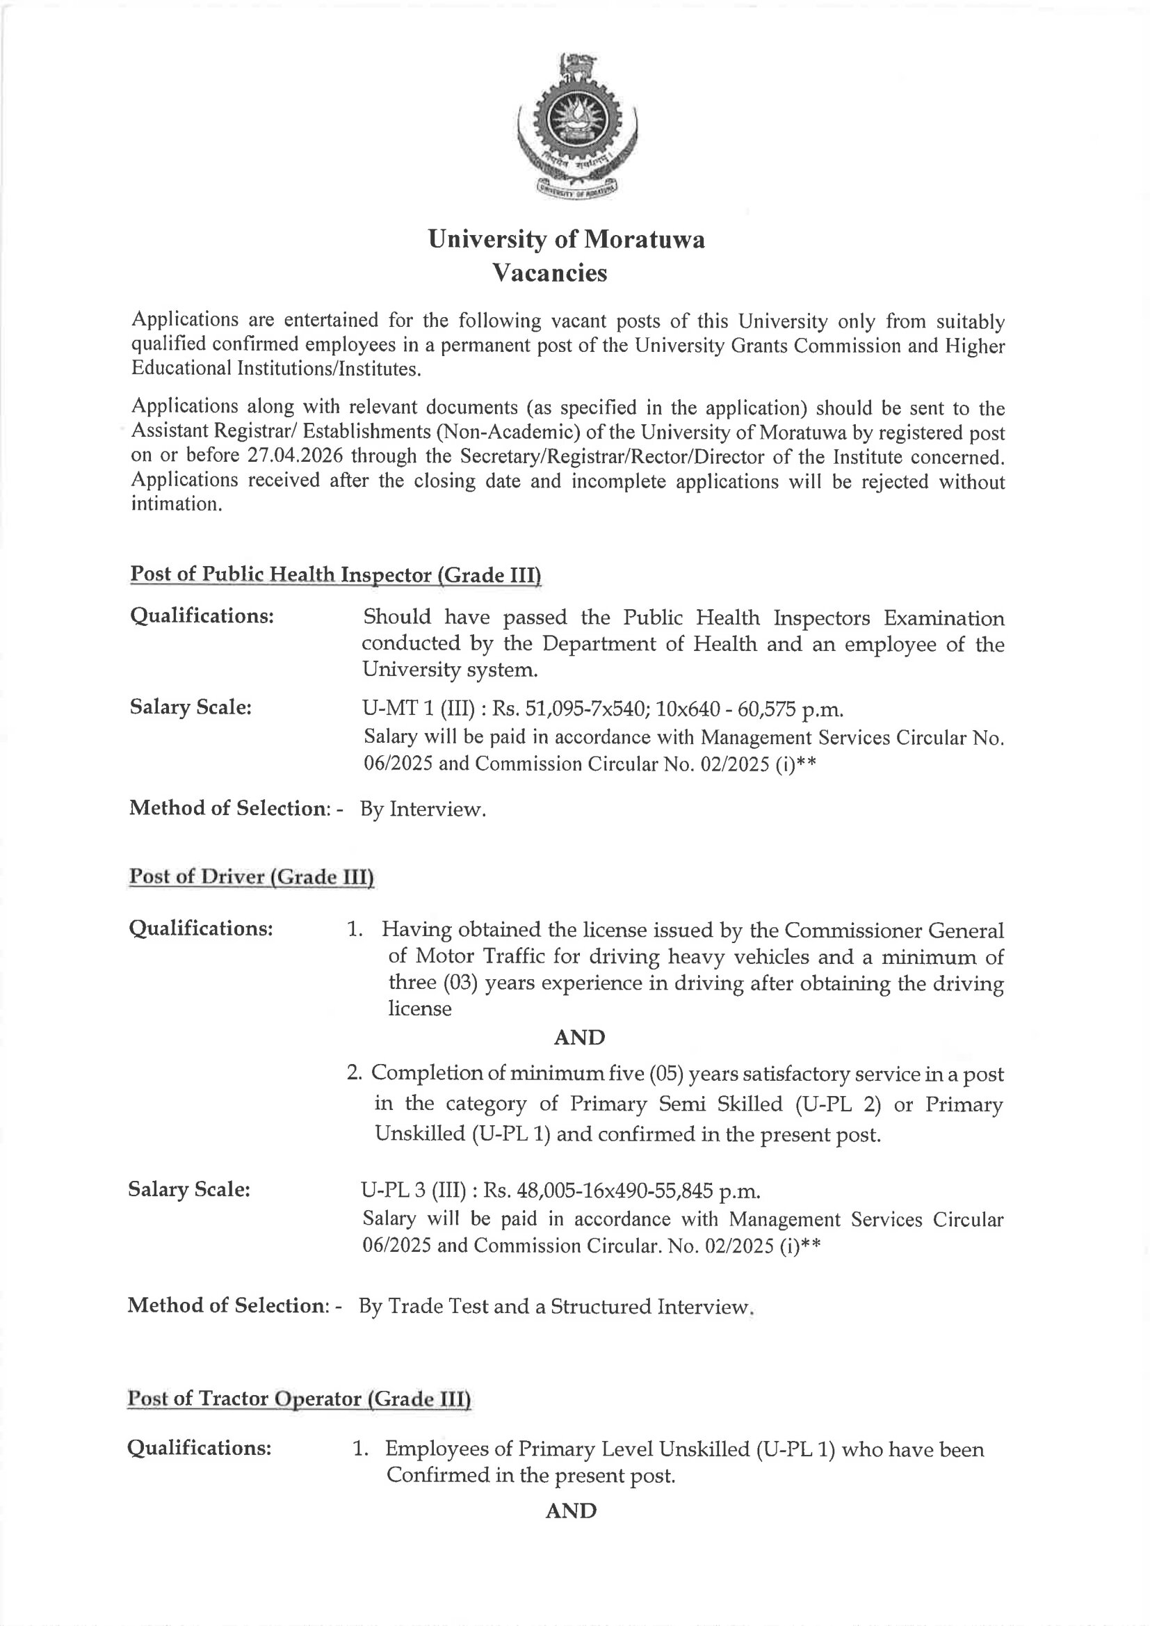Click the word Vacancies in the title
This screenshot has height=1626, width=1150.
(x=549, y=273)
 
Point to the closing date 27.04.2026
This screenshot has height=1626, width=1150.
(x=291, y=456)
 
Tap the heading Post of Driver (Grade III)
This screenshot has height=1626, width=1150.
(x=251, y=877)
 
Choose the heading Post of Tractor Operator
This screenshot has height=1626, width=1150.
(x=299, y=1399)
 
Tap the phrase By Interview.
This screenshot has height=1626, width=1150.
(x=423, y=809)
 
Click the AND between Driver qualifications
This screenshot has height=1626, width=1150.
(x=579, y=1038)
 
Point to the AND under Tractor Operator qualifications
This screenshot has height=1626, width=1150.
(x=571, y=1511)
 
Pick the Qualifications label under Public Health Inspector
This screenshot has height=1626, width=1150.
(x=202, y=616)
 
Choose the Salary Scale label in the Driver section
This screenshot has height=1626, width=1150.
(x=189, y=1189)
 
